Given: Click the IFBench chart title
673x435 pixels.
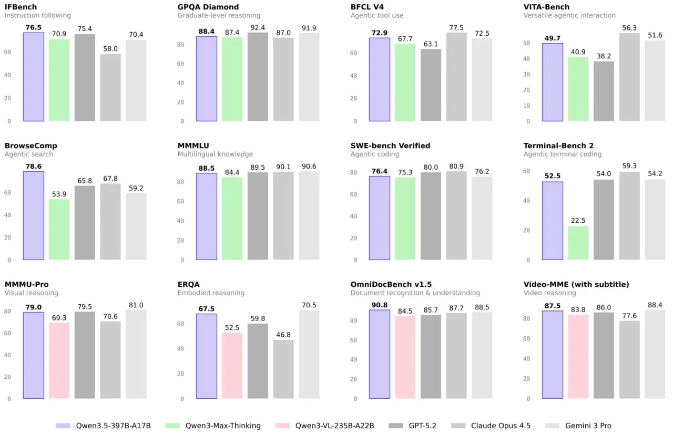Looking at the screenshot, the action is (21, 7).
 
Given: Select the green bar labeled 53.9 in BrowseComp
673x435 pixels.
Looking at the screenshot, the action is (59, 230).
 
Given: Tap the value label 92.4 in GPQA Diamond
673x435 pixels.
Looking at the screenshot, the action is (258, 28).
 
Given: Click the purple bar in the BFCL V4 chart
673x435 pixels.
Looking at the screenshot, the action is (380, 79).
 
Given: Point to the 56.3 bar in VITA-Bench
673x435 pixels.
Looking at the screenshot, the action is (629, 77).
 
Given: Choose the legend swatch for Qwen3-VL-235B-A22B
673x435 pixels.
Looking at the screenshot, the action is (282, 426).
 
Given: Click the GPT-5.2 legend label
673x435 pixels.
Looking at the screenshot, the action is (422, 426).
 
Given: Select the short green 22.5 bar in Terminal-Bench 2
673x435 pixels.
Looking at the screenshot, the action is (578, 243).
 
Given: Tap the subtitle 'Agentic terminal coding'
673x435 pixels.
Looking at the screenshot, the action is (563, 154).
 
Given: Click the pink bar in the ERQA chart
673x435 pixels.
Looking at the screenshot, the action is (232, 366).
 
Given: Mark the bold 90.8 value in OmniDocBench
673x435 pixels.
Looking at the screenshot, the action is (380, 305).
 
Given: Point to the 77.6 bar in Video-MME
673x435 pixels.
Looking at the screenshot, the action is (629, 360).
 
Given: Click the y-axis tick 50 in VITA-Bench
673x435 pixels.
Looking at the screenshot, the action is (526, 43).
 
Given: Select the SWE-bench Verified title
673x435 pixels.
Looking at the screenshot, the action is (390, 146).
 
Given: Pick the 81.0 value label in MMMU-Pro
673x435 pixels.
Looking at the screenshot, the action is (136, 305).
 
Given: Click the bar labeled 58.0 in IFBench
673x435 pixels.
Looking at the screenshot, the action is (110, 88).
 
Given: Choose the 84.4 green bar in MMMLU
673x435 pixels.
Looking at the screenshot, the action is (232, 219).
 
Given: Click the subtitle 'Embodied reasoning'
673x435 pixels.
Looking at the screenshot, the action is (211, 293).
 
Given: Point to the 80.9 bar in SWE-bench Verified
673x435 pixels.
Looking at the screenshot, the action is (456, 215).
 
